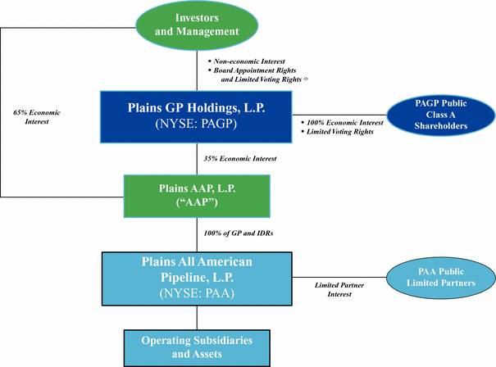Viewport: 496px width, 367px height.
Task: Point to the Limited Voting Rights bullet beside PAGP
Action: pos(336,132)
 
